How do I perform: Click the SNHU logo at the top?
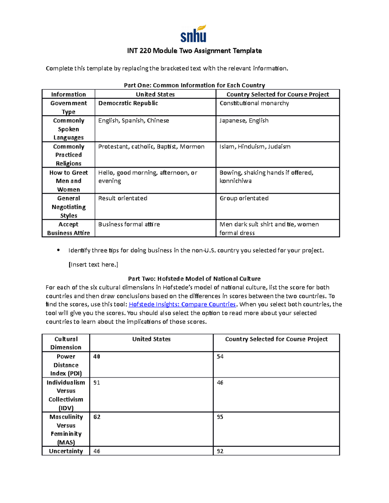point(194,34)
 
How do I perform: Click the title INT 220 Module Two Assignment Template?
point(194,51)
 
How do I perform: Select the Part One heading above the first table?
point(194,85)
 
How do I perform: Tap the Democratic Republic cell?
point(128,103)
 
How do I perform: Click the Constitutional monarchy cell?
point(254,103)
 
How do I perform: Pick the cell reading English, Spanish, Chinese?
point(134,120)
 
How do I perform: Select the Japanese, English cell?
point(244,120)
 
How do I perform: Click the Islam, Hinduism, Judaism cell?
point(255,147)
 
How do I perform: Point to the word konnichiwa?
point(235,181)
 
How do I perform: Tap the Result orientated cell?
point(123,198)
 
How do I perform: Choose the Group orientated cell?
point(244,198)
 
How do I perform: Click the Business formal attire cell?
point(129,224)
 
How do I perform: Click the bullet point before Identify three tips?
point(58,250)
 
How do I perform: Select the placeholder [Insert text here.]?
point(93,265)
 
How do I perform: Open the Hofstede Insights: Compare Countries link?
point(182,304)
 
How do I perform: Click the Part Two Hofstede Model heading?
point(194,279)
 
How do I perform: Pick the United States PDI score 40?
point(97,357)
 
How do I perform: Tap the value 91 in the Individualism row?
point(97,383)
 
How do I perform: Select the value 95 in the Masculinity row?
point(220,417)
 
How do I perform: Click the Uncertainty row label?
point(66,451)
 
